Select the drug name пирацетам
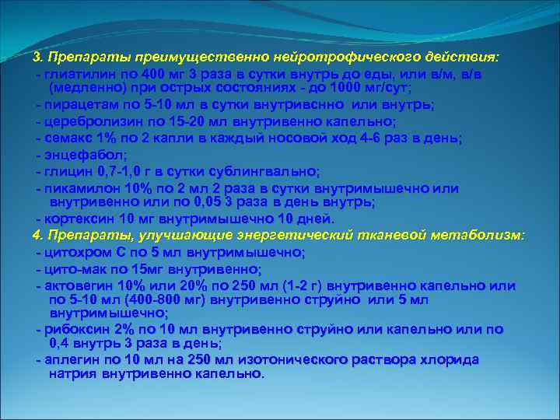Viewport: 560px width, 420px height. [x=75, y=105]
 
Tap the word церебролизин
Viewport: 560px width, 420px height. [x=86, y=121]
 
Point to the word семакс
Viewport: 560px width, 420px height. [x=65, y=138]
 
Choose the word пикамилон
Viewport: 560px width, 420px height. [x=77, y=188]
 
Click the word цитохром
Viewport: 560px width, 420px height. [x=74, y=252]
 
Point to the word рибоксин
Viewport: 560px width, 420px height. [x=75, y=329]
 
